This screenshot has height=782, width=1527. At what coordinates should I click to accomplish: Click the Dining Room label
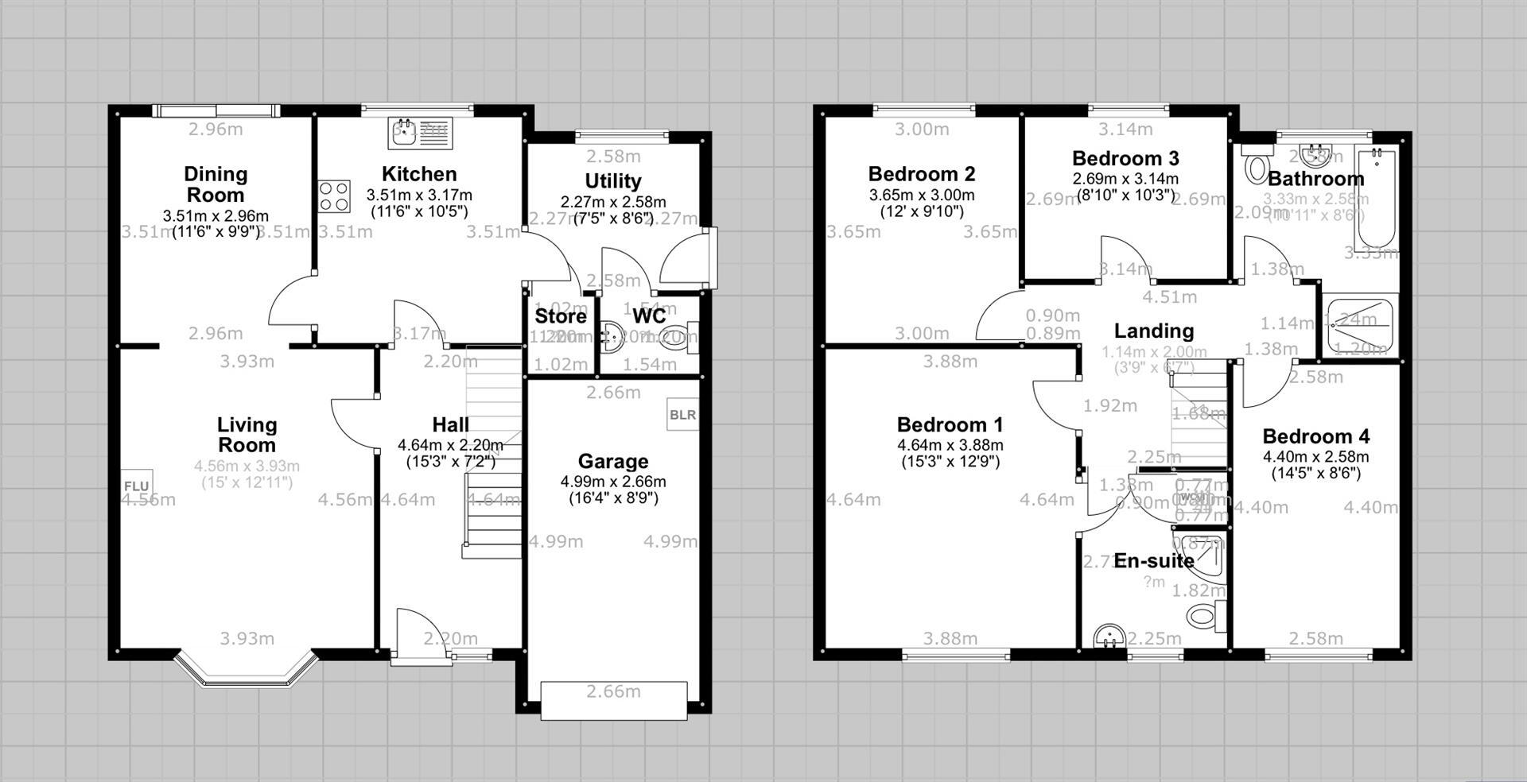[216, 184]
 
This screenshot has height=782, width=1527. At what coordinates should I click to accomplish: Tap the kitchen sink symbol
[421, 133]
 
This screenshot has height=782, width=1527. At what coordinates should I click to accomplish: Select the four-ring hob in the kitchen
[334, 196]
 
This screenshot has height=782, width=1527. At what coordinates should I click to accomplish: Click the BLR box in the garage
[682, 415]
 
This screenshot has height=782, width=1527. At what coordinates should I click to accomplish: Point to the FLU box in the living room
[137, 485]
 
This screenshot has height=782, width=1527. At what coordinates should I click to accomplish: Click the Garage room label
[612, 461]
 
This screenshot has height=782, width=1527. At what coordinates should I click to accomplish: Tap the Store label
[561, 316]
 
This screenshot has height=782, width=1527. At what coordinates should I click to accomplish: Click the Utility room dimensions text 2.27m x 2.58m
[612, 202]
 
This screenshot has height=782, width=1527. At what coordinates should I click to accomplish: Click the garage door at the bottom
[613, 700]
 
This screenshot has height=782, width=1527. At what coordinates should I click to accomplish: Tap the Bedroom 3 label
[1125, 157]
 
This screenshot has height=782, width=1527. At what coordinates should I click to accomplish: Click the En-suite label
[1154, 560]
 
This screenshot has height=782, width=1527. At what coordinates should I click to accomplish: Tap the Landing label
[1153, 331]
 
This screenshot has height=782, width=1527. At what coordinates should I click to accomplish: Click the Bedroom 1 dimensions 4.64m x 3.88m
[950, 445]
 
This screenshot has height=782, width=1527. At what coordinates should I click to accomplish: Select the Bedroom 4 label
[1315, 436]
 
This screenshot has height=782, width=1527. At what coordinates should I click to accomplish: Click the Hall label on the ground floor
[450, 424]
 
